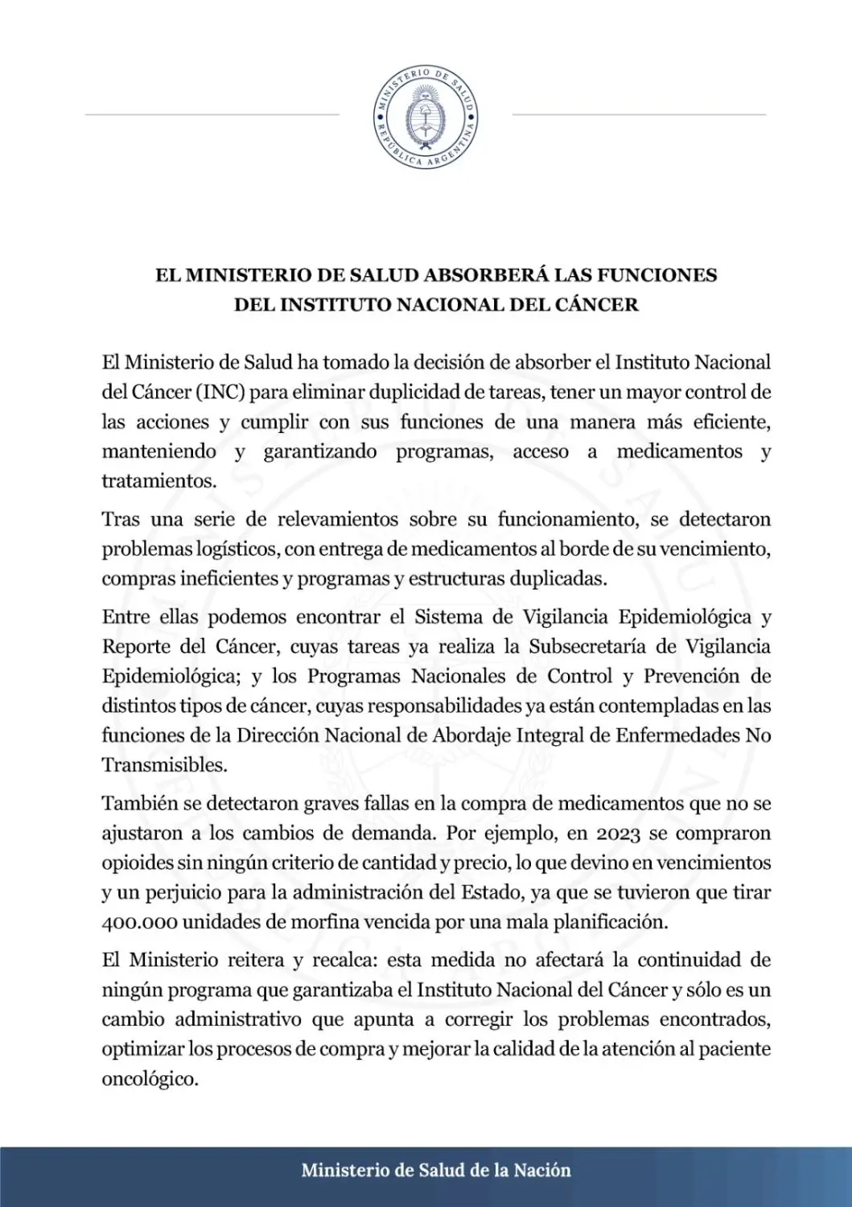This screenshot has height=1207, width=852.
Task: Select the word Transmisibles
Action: point(163,765)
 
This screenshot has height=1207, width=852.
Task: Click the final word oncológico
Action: point(149,1079)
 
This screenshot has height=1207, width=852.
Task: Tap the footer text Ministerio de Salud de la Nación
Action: point(435,1171)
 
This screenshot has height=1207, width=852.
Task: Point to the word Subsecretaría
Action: point(586,647)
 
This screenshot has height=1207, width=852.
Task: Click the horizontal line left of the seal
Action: point(212,114)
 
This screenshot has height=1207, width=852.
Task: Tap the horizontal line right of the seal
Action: point(639,114)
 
